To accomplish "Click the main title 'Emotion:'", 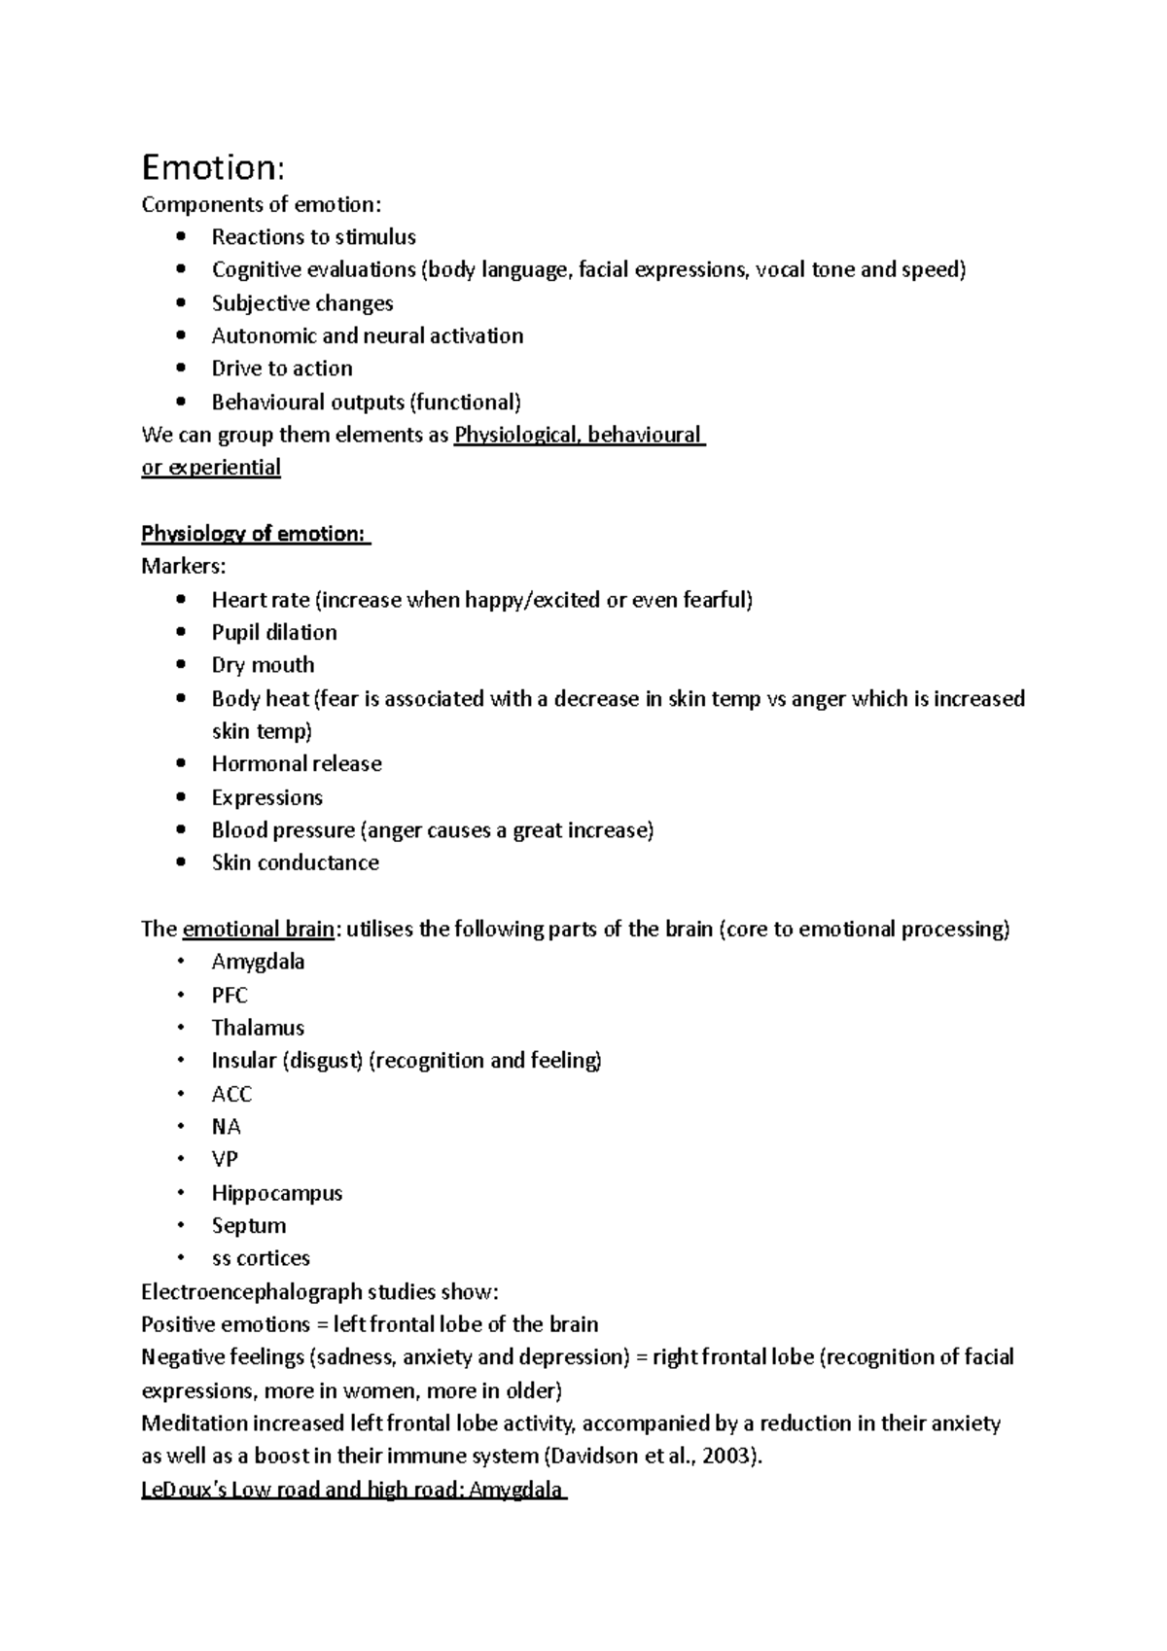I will coord(213,168).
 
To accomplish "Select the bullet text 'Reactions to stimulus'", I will coord(313,237).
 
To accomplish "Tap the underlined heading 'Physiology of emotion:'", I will coord(255,534).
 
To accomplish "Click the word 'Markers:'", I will coord(183,566).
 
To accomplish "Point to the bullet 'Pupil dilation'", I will coord(274,632).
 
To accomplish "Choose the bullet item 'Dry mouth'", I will coord(263,665).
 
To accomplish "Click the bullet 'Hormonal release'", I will coord(297,764).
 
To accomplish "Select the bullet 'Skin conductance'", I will coord(295,862).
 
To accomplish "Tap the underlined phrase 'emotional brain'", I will coord(258,929).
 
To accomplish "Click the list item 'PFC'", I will coord(230,995).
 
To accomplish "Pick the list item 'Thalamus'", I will coord(258,1028).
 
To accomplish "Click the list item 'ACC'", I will coord(231,1094).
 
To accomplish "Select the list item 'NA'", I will coord(226,1127).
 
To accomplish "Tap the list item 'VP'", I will coord(225,1159).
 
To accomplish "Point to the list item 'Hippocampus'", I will coord(276,1193).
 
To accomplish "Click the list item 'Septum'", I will coord(248,1225).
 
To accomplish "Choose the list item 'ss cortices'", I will coord(261,1258).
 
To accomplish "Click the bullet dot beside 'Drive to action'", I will coord(181,369).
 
